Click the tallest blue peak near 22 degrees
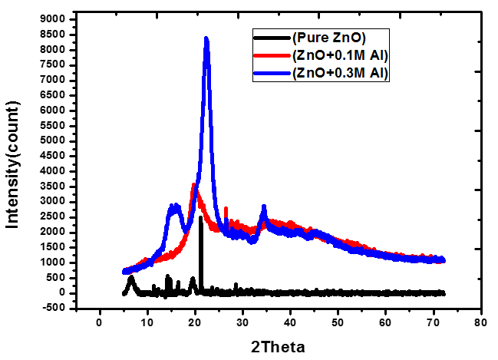point(206,39)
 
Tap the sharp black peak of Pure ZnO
point(200,218)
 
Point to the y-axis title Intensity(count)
point(12,163)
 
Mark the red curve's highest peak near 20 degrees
point(194,185)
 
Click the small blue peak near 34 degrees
point(263,207)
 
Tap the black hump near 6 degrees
point(131,278)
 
